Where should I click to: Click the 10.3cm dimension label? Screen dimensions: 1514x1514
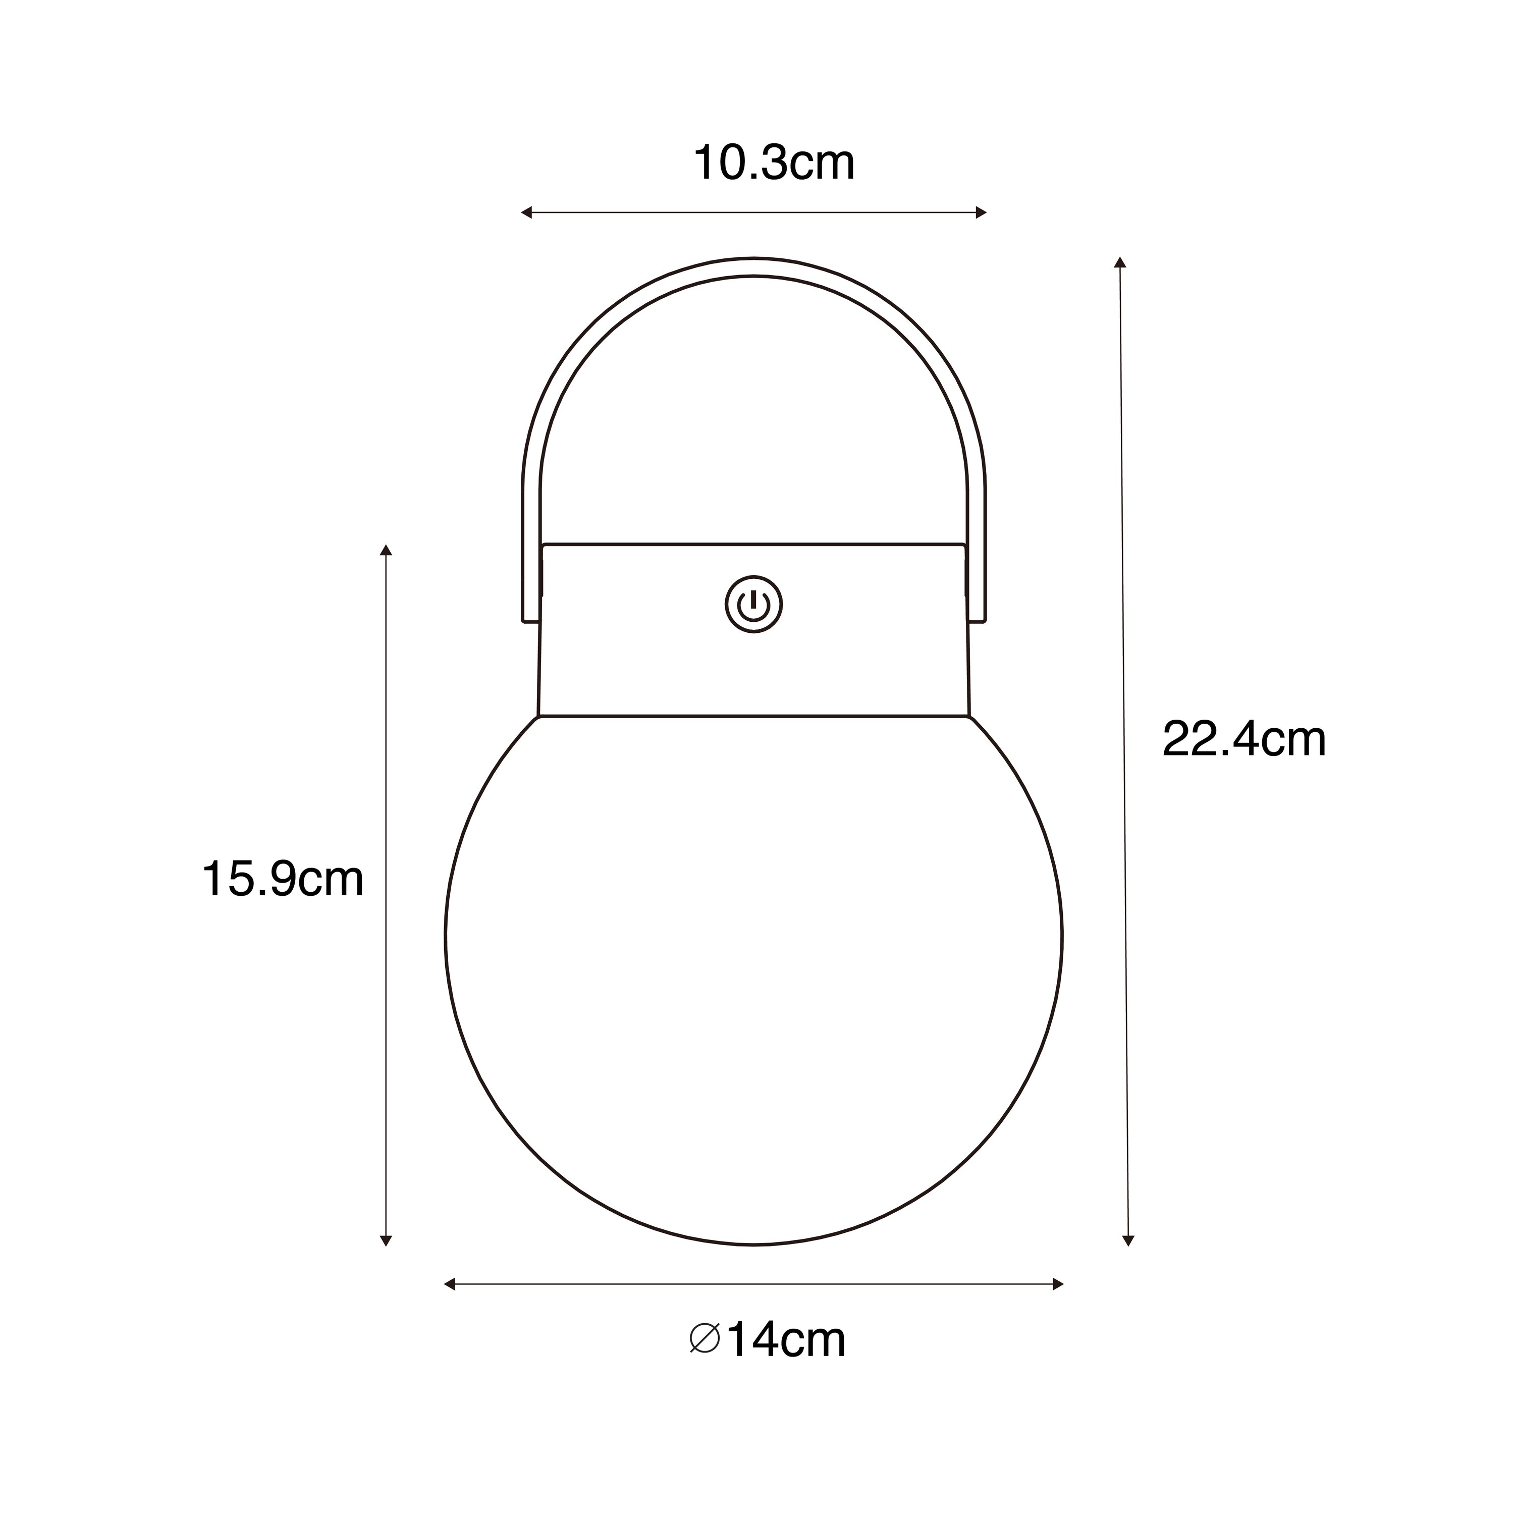[x=774, y=163]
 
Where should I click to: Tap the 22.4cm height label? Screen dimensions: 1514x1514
[x=1243, y=738]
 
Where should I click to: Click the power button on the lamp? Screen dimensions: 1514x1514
[x=754, y=604]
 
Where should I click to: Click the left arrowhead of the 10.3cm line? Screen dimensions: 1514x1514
[x=526, y=212]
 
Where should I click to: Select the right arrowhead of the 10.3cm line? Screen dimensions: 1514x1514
[x=981, y=212]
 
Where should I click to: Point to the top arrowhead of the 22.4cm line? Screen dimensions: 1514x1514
[x=1120, y=262]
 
